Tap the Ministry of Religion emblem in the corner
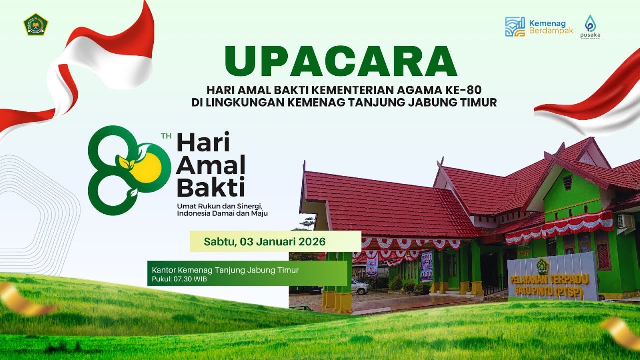36,24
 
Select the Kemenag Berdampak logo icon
515,27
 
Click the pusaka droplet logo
590,24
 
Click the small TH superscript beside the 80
165,135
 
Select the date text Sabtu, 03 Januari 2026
264,242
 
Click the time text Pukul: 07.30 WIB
179,279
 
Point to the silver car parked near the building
360,287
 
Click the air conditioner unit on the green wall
625,221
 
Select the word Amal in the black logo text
210,165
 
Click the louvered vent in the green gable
567,182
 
